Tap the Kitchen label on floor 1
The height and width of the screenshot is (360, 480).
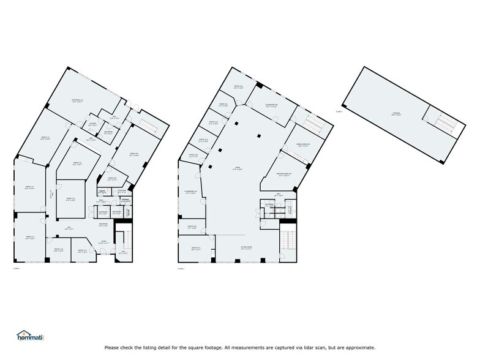click(x=93, y=124)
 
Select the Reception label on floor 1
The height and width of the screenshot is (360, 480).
click(x=104, y=224)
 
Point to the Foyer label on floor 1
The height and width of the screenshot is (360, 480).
click(x=103, y=242)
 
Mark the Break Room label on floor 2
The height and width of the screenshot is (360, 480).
click(x=305, y=144)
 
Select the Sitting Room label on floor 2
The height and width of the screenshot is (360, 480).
click(x=246, y=248)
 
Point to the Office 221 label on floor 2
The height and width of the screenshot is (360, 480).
click(x=238, y=86)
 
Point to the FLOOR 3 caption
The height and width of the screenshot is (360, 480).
click(x=339, y=111)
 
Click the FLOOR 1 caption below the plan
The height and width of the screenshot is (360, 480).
click(x=17, y=268)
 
